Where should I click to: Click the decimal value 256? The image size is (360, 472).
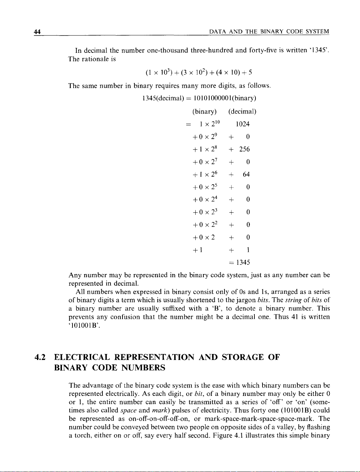(244, 149)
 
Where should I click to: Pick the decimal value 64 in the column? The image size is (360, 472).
(246, 174)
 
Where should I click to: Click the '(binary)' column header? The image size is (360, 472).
(204, 112)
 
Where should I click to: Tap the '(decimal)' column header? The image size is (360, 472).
(242, 112)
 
